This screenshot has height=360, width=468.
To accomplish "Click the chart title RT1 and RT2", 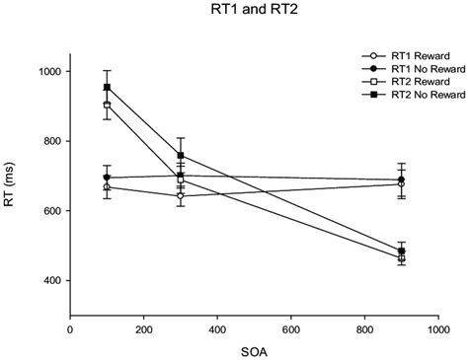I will click(x=233, y=13).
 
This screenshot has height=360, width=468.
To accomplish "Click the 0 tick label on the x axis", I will click(x=70, y=329).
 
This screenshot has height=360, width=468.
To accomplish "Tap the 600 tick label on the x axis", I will click(x=290, y=329).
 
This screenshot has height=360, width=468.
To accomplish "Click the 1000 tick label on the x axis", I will click(x=437, y=329).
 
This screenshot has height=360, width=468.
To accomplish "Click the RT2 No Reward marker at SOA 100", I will click(x=107, y=88).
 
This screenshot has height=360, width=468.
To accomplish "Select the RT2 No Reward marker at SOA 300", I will click(x=181, y=155).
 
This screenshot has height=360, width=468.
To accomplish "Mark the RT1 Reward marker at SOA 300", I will click(x=181, y=195).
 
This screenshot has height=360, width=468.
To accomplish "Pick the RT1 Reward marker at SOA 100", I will click(x=107, y=186).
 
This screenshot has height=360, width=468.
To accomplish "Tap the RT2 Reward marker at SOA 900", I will click(x=401, y=258).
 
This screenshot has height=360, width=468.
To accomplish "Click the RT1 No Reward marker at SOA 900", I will click(x=401, y=180).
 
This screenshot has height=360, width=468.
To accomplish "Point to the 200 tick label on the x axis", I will click(x=143, y=329).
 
